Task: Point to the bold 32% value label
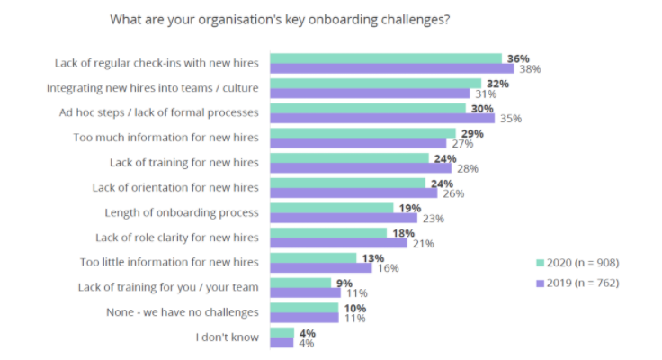click(x=497, y=84)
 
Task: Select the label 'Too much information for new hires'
click(x=166, y=138)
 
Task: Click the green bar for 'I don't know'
click(x=282, y=332)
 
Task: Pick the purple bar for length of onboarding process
click(x=343, y=218)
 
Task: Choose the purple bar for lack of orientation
click(x=353, y=193)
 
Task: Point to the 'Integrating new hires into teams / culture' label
click(x=153, y=88)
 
